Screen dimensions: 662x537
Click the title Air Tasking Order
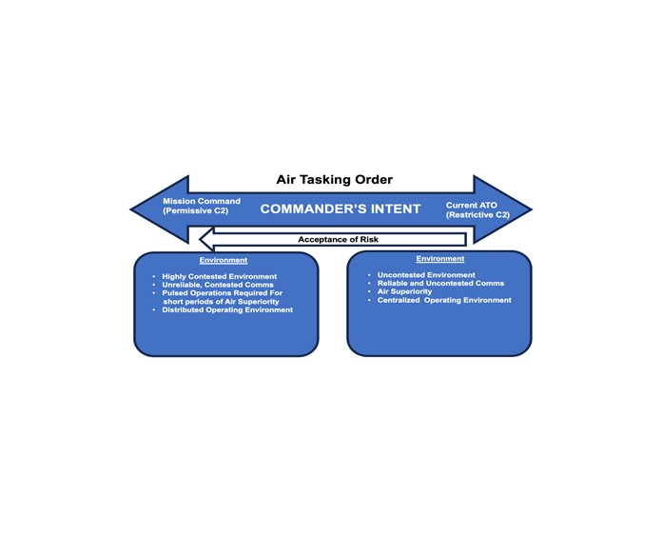335,180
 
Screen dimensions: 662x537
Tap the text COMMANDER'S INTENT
341,209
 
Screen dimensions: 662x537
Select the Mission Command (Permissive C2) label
202,206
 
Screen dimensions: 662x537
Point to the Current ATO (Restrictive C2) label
477,210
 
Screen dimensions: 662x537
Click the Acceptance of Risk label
339,240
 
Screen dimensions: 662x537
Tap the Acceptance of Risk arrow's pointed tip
200,240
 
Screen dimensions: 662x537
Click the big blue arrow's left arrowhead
160,209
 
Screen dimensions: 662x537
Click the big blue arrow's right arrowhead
502,209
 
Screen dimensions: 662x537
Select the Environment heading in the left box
224,260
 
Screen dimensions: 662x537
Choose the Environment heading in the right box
440,259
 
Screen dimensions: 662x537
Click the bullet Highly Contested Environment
220,276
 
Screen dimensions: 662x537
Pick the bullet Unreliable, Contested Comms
218,285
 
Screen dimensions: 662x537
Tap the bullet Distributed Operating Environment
227,309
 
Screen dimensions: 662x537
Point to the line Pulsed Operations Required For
223,293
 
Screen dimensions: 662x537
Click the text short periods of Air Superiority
222,302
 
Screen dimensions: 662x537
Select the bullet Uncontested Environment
426,275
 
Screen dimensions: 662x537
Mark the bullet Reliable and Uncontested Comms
440,283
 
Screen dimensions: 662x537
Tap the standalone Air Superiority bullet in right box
405,291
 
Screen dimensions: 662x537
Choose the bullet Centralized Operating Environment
444,300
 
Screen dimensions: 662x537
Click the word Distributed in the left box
183,309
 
